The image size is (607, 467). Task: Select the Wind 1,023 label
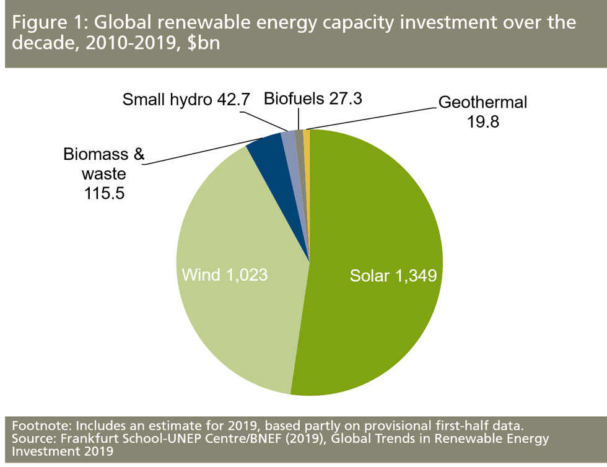point(224,274)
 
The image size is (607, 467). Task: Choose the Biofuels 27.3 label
point(312,98)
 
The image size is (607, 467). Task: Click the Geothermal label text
point(483,102)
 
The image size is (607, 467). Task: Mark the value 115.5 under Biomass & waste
point(104,193)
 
